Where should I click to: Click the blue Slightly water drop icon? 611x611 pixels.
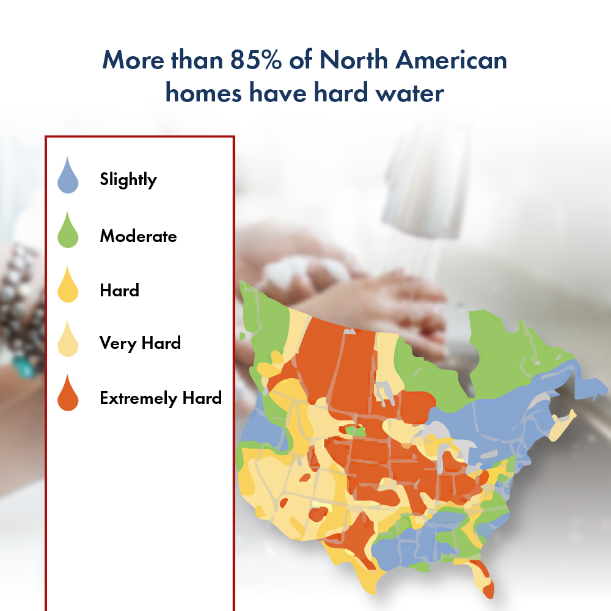68,177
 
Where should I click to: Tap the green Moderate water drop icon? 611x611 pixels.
68,232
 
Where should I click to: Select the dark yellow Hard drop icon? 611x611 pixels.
68,287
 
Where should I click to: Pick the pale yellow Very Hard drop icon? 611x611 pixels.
68,341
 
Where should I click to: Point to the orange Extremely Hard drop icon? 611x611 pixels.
68,396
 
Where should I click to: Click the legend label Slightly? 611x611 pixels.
128,180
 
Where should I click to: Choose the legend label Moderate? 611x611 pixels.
138,236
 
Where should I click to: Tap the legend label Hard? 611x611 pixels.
119,290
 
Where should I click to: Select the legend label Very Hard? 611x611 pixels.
140,343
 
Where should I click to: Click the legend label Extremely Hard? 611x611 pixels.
160,398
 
